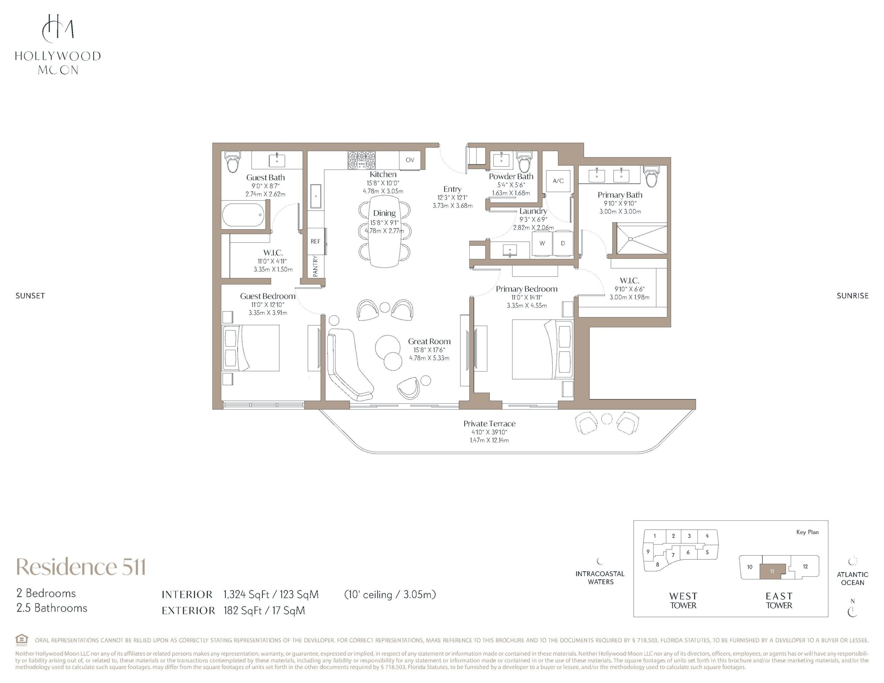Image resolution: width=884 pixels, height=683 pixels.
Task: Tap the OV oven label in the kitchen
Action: pyautogui.click(x=410, y=160)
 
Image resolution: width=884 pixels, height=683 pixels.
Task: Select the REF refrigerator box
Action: pyautogui.click(x=315, y=241)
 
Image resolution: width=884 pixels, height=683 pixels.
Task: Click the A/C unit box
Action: pyautogui.click(x=558, y=181)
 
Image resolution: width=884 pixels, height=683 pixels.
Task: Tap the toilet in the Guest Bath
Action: pyautogui.click(x=233, y=162)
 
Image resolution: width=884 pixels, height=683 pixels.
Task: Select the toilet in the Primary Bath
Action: pyautogui.click(x=652, y=176)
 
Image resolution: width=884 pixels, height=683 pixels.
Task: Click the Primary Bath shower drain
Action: pyautogui.click(x=631, y=239)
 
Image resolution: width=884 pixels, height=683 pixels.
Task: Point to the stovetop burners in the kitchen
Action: pyautogui.click(x=362, y=160)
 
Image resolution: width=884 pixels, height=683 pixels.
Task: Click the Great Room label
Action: pyautogui.click(x=429, y=341)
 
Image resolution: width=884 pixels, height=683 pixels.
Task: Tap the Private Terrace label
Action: pyautogui.click(x=489, y=423)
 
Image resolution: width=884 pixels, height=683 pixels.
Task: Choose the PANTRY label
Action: pyautogui.click(x=316, y=266)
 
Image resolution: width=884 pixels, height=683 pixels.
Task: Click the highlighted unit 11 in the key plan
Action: pyautogui.click(x=772, y=571)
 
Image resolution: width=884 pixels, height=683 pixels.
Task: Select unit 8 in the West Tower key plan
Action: pyautogui.click(x=657, y=564)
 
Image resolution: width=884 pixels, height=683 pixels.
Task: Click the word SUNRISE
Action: pyautogui.click(x=853, y=296)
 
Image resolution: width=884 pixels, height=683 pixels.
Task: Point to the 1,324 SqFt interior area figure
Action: pyautogui.click(x=247, y=594)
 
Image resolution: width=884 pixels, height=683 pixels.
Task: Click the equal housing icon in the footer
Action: pyautogui.click(x=22, y=640)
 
